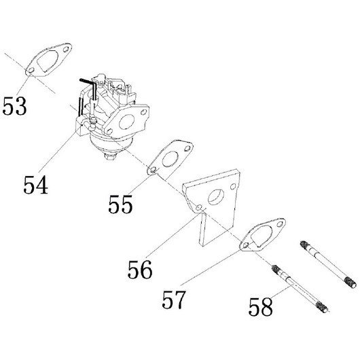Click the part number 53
15,106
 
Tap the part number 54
35,185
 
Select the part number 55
120,204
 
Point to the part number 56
140,269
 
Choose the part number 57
173,300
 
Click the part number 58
261,306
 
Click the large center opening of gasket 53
48,60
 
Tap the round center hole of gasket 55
170,159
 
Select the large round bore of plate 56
216,197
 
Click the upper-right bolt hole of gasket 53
66,50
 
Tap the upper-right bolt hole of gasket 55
187,149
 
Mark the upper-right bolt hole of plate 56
233,186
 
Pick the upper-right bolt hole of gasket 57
280,224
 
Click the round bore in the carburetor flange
127,122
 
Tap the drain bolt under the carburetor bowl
111,157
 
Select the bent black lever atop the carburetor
89,85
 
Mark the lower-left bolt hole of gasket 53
31,70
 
